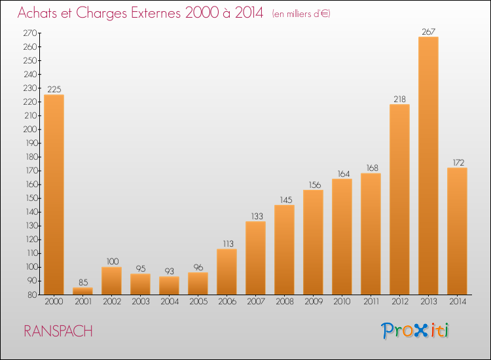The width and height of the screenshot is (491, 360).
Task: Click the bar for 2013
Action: click(x=428, y=166)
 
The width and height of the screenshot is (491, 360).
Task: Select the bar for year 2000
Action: click(x=54, y=194)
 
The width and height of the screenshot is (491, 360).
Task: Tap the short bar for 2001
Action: click(x=82, y=291)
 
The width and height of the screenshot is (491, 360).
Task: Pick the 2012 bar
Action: click(x=399, y=200)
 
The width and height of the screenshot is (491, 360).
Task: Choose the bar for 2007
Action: click(x=255, y=258)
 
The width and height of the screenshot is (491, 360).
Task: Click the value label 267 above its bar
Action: click(x=428, y=31)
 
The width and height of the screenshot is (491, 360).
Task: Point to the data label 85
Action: click(x=83, y=282)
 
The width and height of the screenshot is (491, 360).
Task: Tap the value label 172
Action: click(x=458, y=162)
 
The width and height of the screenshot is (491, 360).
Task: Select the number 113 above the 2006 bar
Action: click(x=228, y=243)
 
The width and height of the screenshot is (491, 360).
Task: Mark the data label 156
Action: click(x=315, y=185)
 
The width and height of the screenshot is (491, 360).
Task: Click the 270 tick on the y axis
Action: click(x=29, y=33)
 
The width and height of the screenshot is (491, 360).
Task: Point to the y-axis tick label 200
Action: click(x=29, y=130)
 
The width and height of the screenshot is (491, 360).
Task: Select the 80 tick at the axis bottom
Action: click(x=32, y=295)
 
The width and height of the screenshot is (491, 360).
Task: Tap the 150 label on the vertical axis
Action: click(x=31, y=198)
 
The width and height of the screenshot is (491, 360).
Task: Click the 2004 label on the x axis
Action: click(x=170, y=301)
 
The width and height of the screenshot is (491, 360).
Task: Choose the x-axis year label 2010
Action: click(x=342, y=301)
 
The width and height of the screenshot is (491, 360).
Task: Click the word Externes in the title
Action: click(x=156, y=13)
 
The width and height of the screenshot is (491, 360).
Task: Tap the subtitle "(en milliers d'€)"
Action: click(x=301, y=14)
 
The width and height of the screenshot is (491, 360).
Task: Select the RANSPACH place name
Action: click(x=58, y=331)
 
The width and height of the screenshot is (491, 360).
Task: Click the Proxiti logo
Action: click(x=414, y=331)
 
